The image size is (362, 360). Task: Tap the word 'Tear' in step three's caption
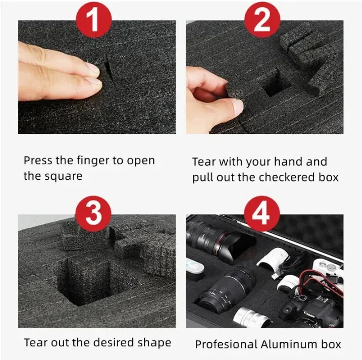[35, 342]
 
